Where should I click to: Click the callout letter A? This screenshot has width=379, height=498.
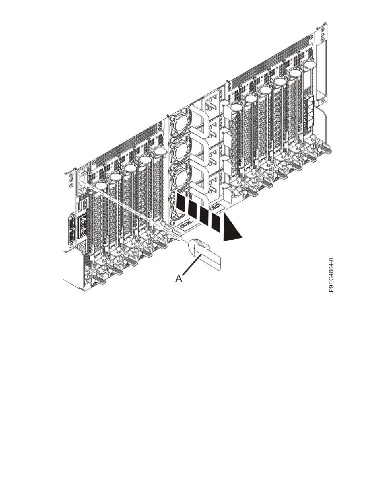point(180,278)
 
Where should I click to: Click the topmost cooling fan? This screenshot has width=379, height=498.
point(178,122)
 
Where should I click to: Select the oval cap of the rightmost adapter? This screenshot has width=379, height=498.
point(309,66)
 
